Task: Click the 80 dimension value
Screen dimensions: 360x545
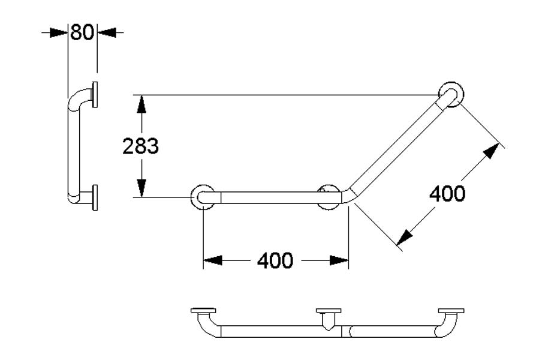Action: tap(82, 32)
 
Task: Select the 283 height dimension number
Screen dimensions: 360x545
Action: tap(140, 146)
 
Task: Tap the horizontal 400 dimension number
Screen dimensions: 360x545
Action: tap(275, 260)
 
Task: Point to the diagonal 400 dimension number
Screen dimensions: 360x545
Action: tap(447, 193)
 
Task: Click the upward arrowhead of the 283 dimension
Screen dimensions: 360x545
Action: tap(141, 103)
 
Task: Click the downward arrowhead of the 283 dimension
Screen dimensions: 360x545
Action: tap(141, 189)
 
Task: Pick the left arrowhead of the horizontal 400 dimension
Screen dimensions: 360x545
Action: tap(212, 260)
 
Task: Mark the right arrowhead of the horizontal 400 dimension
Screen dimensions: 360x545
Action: tap(339, 260)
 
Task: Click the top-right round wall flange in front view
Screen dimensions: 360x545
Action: tap(450, 95)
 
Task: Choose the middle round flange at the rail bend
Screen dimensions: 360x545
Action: tap(328, 197)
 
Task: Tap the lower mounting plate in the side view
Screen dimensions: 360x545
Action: tap(94, 198)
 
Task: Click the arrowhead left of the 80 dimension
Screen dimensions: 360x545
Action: tap(59, 32)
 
